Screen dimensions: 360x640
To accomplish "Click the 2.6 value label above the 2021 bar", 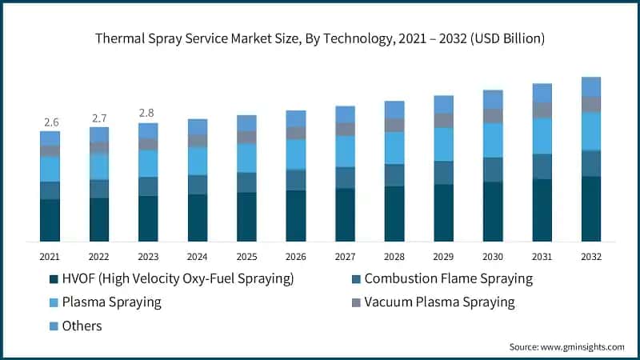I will point(50,122).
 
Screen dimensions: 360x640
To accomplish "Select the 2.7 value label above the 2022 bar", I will point(99,118).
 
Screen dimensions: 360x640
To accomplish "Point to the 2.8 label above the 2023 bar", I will point(148,114).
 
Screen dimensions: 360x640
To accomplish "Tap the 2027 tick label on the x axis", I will point(345,257).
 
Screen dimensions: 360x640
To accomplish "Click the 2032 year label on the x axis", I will point(591,257).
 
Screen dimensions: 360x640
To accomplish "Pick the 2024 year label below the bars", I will point(198,257).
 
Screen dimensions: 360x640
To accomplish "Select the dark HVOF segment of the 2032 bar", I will point(591,209).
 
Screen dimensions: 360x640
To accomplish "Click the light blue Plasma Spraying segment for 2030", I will point(493,140).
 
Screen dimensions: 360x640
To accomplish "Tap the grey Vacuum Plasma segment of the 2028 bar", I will point(394,125).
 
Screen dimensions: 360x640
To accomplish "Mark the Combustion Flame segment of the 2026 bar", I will point(296,180).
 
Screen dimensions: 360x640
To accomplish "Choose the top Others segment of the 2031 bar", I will point(542,93).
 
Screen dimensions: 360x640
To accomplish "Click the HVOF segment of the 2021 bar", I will point(50,220).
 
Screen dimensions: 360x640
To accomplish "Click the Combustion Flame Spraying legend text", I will point(448,279).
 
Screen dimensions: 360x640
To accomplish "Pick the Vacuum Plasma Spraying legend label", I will point(439,302).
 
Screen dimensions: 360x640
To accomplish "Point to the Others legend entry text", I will point(84,326).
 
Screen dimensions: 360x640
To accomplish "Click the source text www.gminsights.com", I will point(583,346).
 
